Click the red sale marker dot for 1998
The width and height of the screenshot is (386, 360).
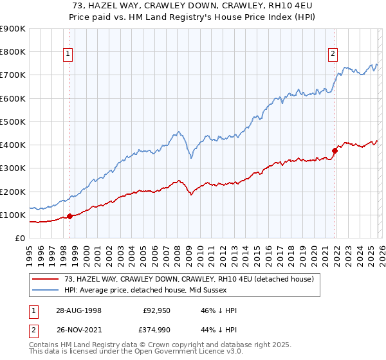point(69,216)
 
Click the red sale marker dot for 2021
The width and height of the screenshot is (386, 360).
point(335,151)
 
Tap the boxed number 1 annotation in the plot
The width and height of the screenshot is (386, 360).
point(68,55)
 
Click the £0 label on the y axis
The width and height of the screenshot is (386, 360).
point(19,238)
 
